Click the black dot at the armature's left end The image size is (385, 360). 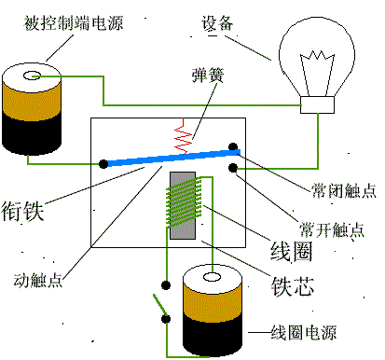coord(103,165)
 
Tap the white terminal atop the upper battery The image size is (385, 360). coord(34,76)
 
